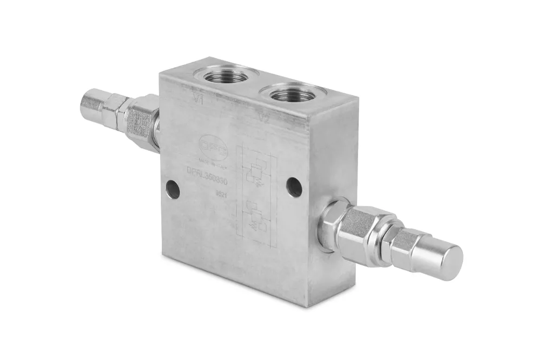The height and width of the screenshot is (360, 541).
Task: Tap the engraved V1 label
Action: tap(198, 98)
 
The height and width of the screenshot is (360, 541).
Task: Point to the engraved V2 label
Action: tap(265, 117)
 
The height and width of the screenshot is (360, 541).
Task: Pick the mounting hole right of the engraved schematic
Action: tap(294, 187)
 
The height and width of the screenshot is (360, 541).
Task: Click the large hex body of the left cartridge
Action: tap(142, 119)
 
